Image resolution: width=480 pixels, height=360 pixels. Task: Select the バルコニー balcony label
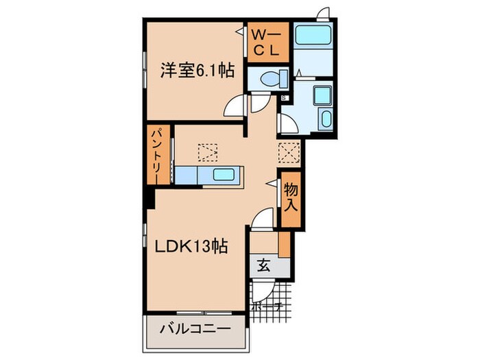pos(194,328)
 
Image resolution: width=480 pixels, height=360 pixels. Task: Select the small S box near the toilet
pos(284,97)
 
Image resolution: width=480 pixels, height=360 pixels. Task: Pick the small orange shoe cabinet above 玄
pos(285,244)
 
